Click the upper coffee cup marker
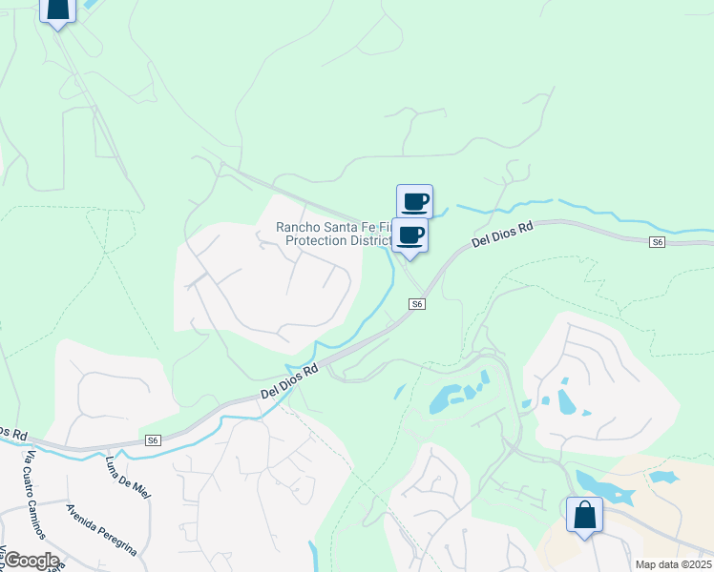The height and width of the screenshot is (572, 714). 414,201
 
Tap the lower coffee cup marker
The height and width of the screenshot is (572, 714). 410,235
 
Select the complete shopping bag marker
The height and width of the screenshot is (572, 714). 584,515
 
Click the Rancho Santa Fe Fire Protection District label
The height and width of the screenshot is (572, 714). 334,233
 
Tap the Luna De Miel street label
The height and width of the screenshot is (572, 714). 129,477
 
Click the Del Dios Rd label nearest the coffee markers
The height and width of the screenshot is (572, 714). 502,234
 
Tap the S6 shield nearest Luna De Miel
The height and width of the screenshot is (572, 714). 153,440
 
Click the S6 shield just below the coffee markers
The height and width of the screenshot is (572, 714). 416,303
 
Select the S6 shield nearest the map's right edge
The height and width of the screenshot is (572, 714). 657,242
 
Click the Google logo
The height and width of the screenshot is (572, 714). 31,561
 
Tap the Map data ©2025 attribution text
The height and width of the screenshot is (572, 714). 673,564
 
